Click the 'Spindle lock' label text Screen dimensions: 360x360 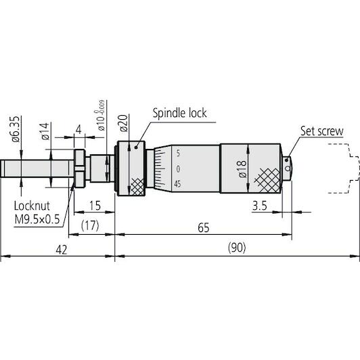179,113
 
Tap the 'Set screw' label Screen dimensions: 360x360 322,131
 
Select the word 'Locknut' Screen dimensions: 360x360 32,206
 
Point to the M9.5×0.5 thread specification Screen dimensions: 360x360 37,219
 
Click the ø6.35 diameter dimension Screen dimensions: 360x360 16,129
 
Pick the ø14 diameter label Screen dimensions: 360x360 45,131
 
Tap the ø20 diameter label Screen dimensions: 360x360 124,123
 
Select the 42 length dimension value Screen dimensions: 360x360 62,250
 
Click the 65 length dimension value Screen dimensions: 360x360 204,228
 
